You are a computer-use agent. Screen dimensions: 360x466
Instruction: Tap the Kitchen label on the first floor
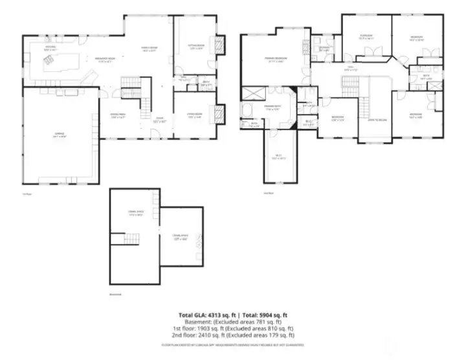pyautogui.click(x=49, y=49)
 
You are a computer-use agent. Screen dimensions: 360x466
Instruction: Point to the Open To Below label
pyautogui.click(x=378, y=120)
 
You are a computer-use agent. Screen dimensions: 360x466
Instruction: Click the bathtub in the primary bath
pyautogui.click(x=247, y=108)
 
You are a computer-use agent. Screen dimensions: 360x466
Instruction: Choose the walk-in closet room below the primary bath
pyautogui.click(x=280, y=155)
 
